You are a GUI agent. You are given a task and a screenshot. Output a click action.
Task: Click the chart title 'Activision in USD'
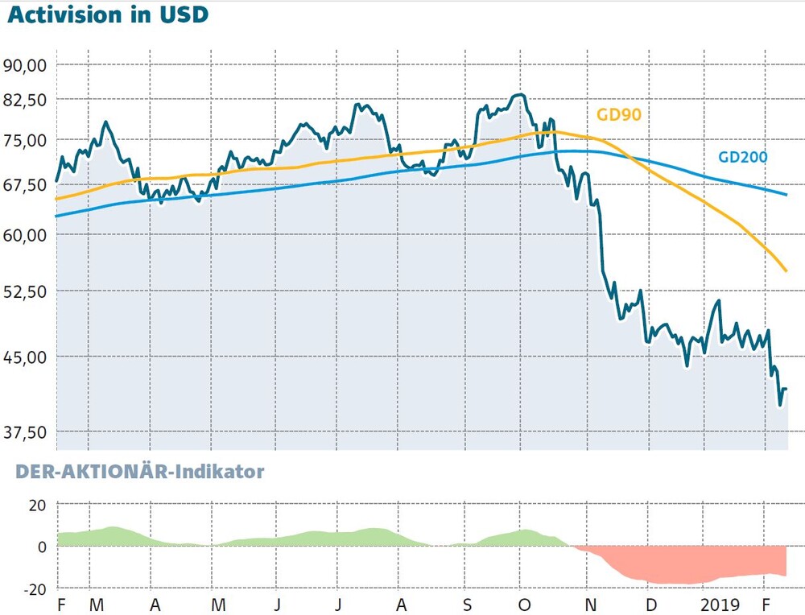point(108,14)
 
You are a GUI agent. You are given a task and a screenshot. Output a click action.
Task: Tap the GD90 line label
point(618,114)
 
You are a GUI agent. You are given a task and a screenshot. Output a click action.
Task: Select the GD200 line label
point(742,157)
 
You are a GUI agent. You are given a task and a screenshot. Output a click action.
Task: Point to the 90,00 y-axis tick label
point(25,66)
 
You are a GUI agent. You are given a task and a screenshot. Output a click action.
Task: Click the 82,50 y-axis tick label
point(25,100)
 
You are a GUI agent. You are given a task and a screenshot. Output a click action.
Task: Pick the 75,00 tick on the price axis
point(25,140)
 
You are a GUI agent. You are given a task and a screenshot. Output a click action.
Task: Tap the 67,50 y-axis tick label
point(25,185)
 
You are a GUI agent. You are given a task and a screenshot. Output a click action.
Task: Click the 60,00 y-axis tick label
point(25,235)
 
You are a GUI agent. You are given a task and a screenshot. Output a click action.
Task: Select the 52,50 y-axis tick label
point(25,291)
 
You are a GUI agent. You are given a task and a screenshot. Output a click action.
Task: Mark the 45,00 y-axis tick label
point(25,357)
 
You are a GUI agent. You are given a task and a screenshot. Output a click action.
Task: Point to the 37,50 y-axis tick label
point(25,433)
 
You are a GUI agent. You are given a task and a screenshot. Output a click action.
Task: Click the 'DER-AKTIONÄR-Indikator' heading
point(139,471)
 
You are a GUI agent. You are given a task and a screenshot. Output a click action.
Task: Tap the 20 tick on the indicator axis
point(37,506)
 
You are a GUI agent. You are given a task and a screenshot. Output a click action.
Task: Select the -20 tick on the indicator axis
point(35,589)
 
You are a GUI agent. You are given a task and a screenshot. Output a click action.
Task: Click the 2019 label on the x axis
point(720,605)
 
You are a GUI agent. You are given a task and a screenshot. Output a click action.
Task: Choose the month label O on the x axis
point(524,605)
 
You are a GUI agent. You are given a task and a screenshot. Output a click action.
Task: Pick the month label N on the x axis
point(590,605)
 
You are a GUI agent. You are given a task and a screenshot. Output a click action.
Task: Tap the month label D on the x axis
point(651,605)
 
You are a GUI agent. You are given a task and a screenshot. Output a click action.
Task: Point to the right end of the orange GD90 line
point(786,270)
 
